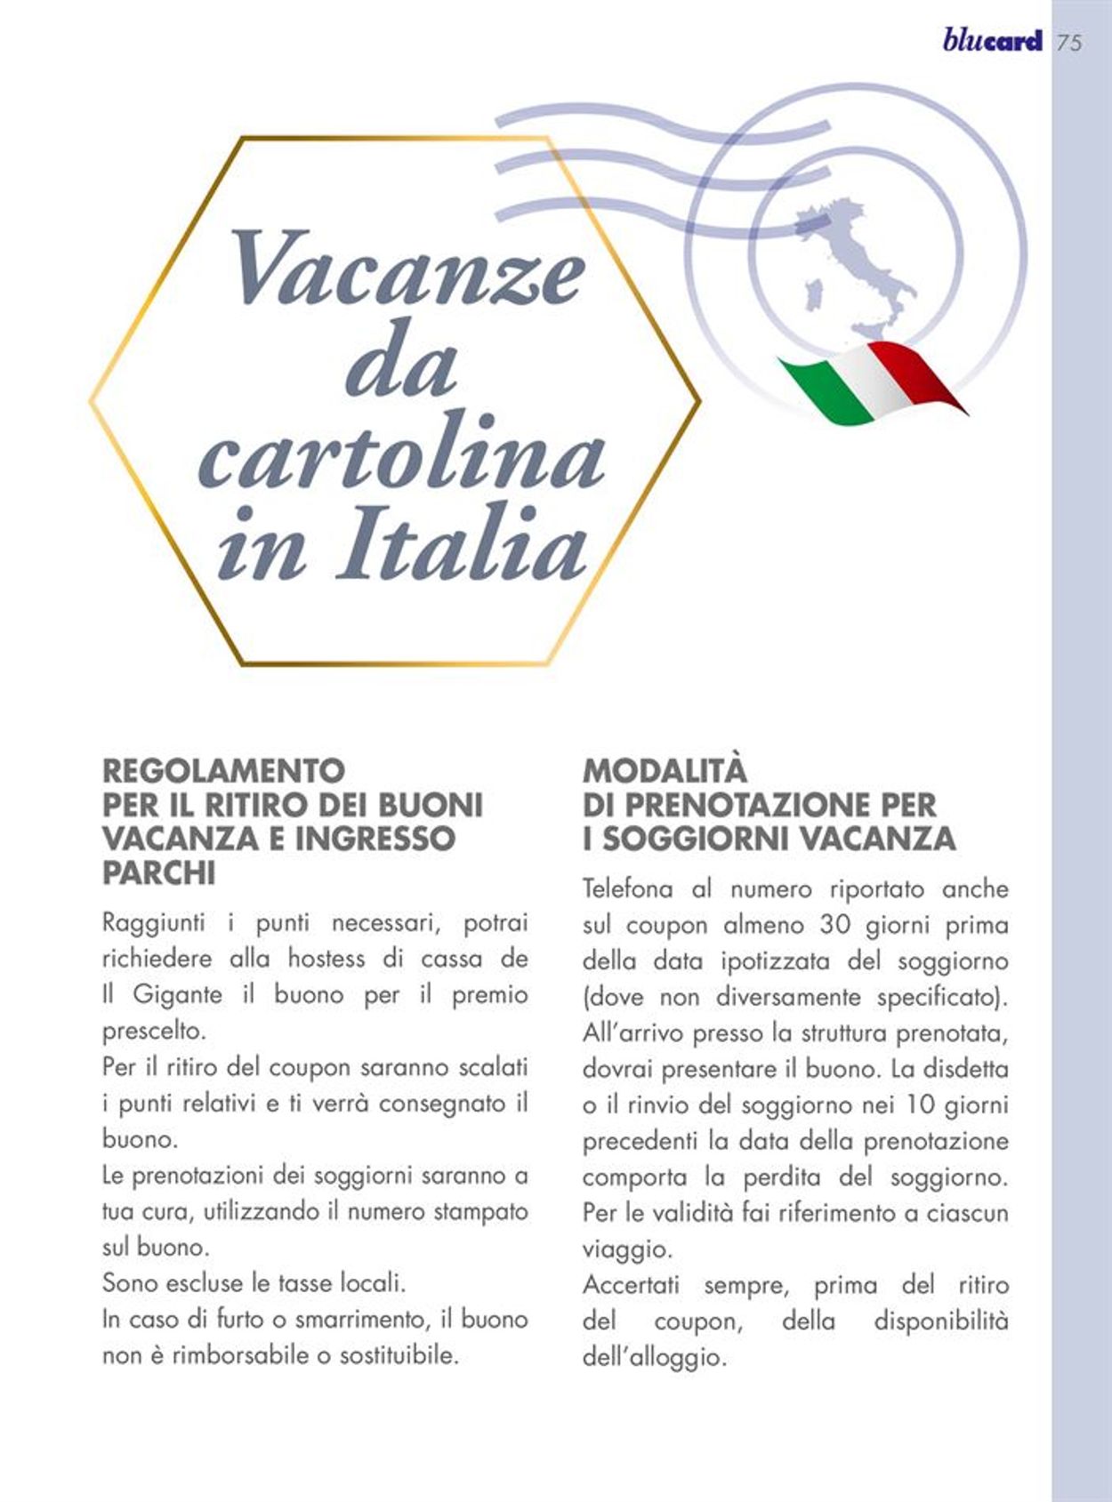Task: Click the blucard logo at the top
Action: (x=992, y=41)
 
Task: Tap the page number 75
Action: (x=1070, y=43)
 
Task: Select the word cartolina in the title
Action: (x=402, y=455)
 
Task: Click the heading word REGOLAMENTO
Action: (x=223, y=770)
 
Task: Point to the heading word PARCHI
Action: (x=158, y=873)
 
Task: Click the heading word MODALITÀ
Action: (x=665, y=770)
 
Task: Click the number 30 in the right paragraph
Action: (x=835, y=925)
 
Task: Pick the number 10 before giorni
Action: (x=921, y=1104)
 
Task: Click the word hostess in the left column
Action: (x=326, y=959)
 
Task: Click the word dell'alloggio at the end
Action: (x=654, y=1357)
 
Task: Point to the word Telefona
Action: (x=627, y=889)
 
